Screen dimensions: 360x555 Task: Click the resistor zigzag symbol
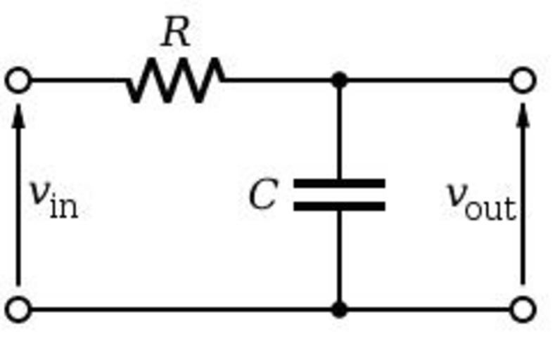coord(176,80)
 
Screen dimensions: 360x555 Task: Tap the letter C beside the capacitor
coord(264,195)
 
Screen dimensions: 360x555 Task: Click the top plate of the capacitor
coord(339,184)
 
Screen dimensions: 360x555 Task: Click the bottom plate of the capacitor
coord(339,206)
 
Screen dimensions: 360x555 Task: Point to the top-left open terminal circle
coord(18,80)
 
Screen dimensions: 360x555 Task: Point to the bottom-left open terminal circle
coord(18,309)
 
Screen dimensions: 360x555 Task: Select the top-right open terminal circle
coord(523,80)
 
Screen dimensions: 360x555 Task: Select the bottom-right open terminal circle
coord(523,309)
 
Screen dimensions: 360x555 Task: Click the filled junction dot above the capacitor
coord(339,80)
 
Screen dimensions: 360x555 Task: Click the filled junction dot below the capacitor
coord(339,309)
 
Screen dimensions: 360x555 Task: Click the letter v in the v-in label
coord(39,193)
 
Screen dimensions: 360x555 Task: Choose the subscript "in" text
coord(63,207)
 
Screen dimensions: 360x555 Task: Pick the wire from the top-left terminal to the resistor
coord(77,80)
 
